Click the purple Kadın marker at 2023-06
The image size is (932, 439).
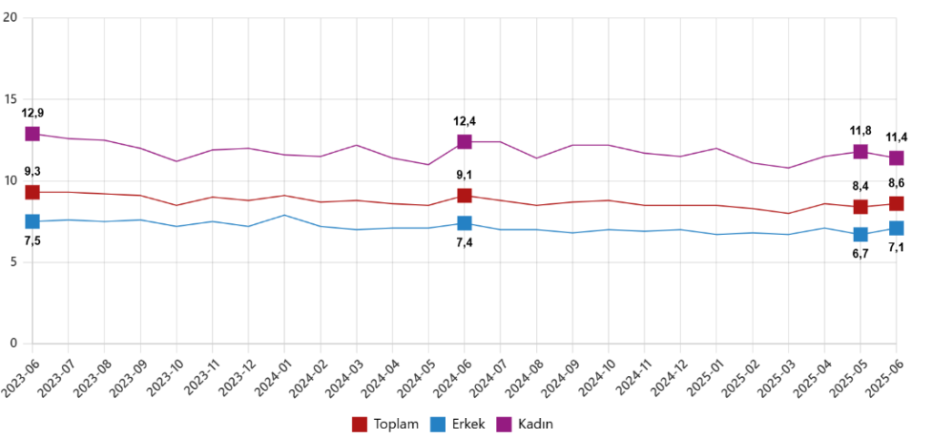click(33, 134)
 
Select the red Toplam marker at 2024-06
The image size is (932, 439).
click(464, 195)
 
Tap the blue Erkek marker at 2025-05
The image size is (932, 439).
click(860, 235)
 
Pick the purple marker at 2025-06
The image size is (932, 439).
click(897, 158)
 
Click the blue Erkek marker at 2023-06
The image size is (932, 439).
click(33, 221)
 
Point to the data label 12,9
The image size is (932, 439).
click(33, 113)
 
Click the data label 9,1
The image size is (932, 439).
click(464, 175)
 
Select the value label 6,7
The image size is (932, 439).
click(860, 254)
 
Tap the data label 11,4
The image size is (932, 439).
click(897, 138)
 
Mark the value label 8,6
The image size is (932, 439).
click(897, 183)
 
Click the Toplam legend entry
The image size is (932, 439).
click(385, 424)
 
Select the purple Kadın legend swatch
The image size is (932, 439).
click(504, 424)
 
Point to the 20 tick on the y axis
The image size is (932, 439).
click(12, 18)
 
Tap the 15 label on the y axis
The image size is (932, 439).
click(12, 99)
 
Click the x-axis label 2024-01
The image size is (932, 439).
click(269, 376)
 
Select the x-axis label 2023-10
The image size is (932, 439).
click(162, 376)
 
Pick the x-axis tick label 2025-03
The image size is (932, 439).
click(773, 376)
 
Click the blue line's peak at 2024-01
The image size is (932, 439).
click(285, 215)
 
